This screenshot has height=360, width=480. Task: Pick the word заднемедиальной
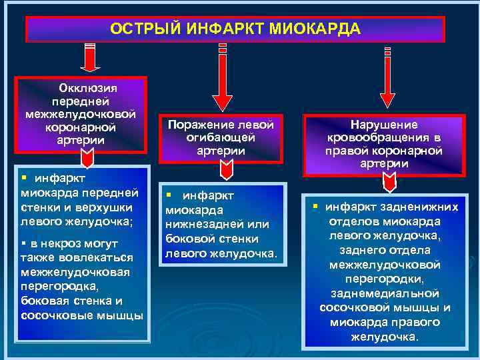click(x=385, y=293)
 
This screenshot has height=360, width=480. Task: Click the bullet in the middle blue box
click(x=169, y=194)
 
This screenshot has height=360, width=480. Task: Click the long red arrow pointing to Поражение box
click(x=223, y=73)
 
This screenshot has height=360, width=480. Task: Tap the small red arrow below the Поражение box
click(x=227, y=171)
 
